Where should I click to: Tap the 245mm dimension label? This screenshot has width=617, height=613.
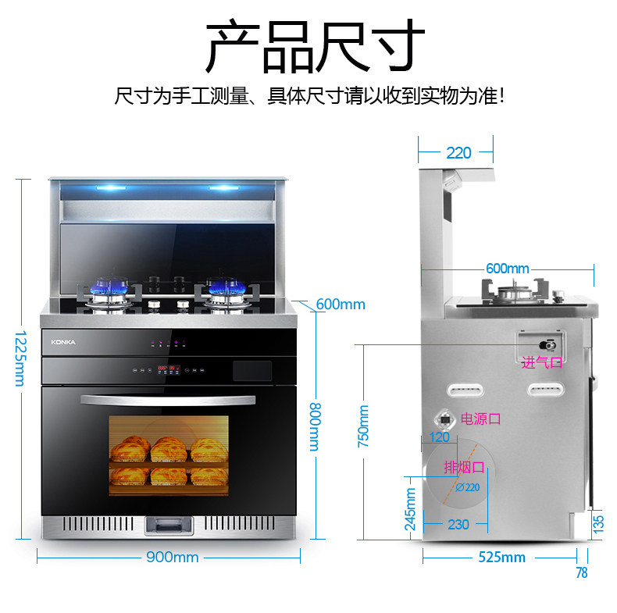pyautogui.click(x=412, y=508)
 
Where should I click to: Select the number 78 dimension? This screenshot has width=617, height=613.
pyautogui.click(x=581, y=573)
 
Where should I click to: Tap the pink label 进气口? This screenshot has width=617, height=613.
pyautogui.click(x=541, y=362)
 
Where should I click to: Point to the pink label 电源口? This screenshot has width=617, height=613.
pyautogui.click(x=480, y=419)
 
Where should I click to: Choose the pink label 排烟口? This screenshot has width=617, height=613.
pyautogui.click(x=464, y=467)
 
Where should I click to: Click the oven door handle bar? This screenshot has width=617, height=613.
pyautogui.click(x=167, y=401)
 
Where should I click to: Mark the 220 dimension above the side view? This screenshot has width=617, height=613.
pyautogui.click(x=458, y=153)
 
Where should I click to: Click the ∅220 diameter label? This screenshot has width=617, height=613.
pyautogui.click(x=467, y=487)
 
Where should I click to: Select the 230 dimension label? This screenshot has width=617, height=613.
pyautogui.click(x=458, y=524)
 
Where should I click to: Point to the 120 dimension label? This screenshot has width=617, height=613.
pyautogui.click(x=440, y=437)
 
